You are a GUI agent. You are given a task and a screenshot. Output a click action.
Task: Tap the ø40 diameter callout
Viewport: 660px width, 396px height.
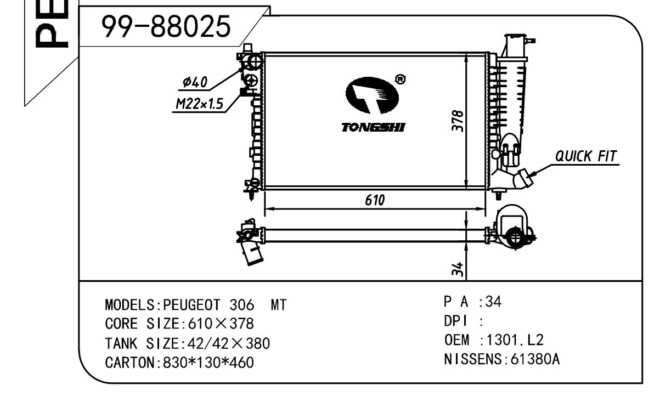[x=195, y=83]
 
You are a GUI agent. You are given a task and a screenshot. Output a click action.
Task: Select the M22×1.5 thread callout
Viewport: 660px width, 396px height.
[x=199, y=104]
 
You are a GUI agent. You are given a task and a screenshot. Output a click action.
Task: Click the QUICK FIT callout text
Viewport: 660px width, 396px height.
[x=586, y=156]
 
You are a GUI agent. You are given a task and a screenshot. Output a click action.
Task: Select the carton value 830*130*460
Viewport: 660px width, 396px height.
[x=208, y=363]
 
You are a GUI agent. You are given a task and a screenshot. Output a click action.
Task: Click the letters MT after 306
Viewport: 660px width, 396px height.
[x=279, y=305]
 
